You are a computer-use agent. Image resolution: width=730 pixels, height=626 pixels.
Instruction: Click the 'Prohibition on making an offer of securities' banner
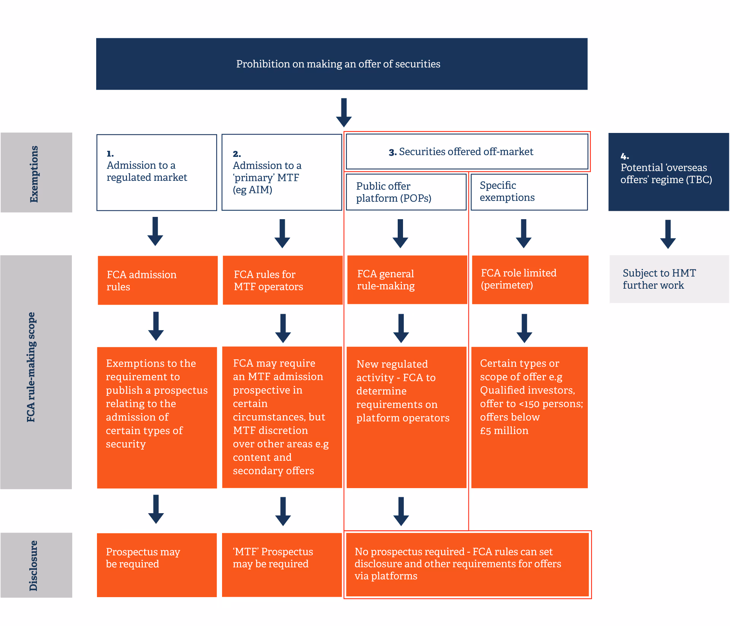[341, 64]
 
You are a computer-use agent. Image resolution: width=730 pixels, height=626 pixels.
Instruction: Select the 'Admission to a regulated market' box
[157, 172]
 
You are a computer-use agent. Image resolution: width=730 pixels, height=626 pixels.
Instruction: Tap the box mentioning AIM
[281, 172]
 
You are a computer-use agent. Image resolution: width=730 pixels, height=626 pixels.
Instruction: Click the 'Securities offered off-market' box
[467, 152]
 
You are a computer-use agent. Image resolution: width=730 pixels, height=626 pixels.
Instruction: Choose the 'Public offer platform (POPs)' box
[406, 192]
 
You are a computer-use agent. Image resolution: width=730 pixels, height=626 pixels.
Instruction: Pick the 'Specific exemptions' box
[529, 192]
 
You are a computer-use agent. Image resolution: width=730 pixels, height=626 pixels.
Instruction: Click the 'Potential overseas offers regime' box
[668, 172]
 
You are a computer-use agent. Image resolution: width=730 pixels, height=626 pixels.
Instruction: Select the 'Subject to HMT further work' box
[669, 279]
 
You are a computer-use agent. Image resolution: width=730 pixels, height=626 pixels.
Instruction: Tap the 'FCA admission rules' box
[157, 280]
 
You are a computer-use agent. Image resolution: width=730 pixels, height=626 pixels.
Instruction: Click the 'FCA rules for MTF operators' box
[282, 280]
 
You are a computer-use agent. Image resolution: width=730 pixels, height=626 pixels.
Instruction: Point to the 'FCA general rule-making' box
[407, 280]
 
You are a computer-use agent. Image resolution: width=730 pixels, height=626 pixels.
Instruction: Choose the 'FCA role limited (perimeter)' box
[530, 280]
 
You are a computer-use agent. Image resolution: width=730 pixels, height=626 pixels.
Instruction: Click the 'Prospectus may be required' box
[157, 565]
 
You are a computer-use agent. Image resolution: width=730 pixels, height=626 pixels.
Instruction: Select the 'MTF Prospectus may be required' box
[281, 565]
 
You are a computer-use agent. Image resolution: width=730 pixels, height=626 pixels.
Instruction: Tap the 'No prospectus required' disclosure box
[467, 564]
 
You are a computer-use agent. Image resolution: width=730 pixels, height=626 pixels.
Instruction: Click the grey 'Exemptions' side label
[36, 172]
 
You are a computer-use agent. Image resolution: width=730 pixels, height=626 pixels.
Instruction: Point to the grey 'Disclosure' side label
[36, 565]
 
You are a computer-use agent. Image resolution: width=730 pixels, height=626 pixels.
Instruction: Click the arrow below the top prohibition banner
[344, 112]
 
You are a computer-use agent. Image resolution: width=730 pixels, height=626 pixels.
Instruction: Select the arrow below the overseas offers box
[668, 234]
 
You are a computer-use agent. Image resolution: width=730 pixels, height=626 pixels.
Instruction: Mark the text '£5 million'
[504, 431]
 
